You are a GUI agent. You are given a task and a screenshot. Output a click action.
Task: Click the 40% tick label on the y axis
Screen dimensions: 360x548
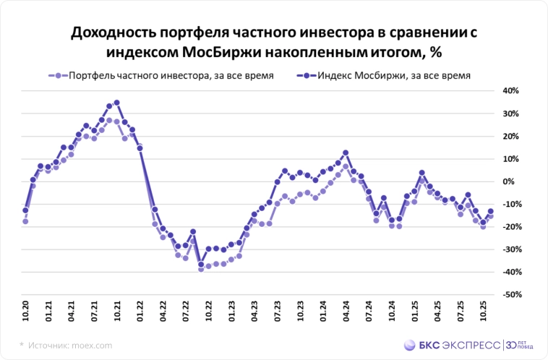(x=510, y=91)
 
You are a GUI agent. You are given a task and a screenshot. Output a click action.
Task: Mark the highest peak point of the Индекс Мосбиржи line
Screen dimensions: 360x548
(x=117, y=103)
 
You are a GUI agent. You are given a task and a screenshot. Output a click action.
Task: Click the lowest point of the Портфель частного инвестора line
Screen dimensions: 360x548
(x=201, y=269)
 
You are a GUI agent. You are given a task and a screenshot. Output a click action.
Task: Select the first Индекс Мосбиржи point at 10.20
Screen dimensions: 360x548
(x=25, y=210)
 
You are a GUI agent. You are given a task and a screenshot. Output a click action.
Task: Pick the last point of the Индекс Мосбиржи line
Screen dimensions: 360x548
(x=491, y=211)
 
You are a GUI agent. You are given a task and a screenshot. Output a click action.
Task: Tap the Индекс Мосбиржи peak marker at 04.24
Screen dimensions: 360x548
(x=346, y=153)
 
